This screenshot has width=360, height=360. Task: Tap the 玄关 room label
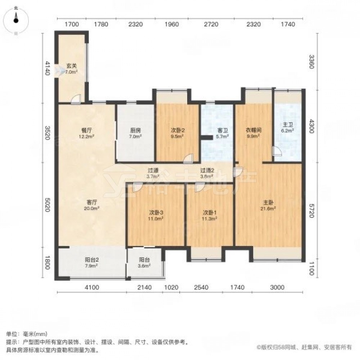(72, 66)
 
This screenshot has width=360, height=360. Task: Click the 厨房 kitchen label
(135, 130)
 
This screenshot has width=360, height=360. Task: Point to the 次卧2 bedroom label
(178, 130)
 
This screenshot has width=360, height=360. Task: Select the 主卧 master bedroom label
(268, 203)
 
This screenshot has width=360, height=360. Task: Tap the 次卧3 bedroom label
(156, 212)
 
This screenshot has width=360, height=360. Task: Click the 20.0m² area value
(92, 208)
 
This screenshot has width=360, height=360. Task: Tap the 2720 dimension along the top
(211, 24)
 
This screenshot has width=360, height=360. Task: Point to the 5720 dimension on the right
(311, 211)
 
